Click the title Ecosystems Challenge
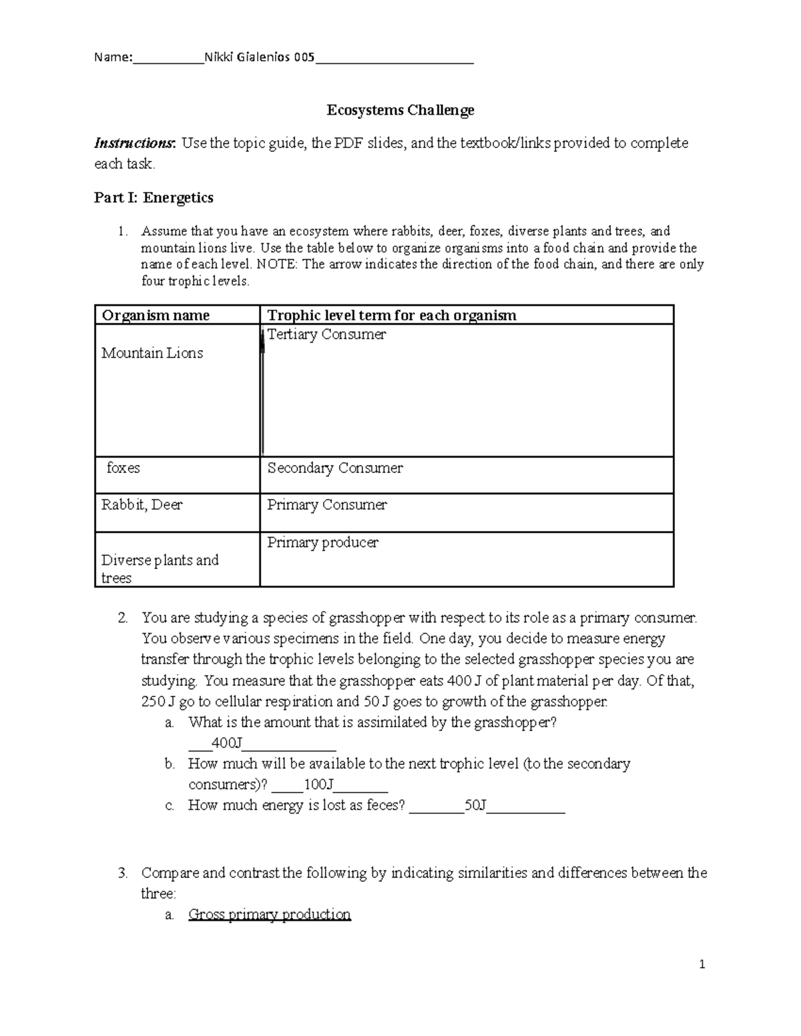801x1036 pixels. pyautogui.click(x=400, y=110)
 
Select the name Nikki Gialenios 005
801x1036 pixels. pyautogui.click(x=259, y=57)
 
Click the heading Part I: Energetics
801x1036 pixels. pyautogui.click(x=154, y=197)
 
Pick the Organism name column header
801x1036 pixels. pyautogui.click(x=156, y=315)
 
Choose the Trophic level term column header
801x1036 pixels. pyautogui.click(x=392, y=315)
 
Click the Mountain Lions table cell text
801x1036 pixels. pyautogui.click(x=152, y=353)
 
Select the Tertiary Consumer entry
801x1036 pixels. pyautogui.click(x=326, y=334)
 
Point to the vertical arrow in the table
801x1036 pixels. pyautogui.click(x=262, y=394)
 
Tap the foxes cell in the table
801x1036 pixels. pyautogui.click(x=123, y=468)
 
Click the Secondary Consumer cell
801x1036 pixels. pyautogui.click(x=335, y=468)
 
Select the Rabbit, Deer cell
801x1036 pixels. pyautogui.click(x=142, y=504)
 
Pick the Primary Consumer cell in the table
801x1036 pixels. pyautogui.click(x=327, y=504)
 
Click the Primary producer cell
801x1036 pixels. pyautogui.click(x=322, y=542)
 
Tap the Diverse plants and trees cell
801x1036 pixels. pyautogui.click(x=160, y=568)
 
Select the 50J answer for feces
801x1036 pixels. pyautogui.click(x=475, y=805)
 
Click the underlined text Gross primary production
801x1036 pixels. pyautogui.click(x=270, y=914)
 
